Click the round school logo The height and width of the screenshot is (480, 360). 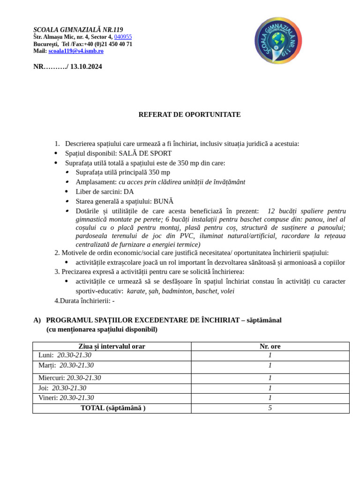click(278, 41)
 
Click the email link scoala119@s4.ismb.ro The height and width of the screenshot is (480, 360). click(76, 51)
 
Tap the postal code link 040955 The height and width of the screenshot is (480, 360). click(123, 37)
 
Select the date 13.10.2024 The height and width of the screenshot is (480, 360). click(86, 67)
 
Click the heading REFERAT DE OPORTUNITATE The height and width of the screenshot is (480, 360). click(189, 114)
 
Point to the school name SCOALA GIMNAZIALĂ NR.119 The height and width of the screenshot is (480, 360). click(78, 30)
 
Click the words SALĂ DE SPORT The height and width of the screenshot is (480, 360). click(145, 153)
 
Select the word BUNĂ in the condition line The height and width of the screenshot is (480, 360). click(163, 201)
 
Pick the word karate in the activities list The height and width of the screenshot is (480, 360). click(136, 291)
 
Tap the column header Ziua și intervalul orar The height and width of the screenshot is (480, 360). click(112, 346)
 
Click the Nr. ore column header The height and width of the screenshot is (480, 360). click(270, 346)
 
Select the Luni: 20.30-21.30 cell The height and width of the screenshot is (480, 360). click(65, 355)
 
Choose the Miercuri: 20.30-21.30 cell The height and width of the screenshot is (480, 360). click(69, 378)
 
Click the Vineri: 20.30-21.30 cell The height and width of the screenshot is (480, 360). click(66, 398)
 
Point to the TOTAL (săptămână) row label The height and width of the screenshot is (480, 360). click(113, 408)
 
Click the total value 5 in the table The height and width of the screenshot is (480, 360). click(270, 408)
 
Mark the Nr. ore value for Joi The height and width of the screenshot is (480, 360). click(270, 388)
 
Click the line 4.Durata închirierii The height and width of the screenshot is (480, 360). click(84, 300)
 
